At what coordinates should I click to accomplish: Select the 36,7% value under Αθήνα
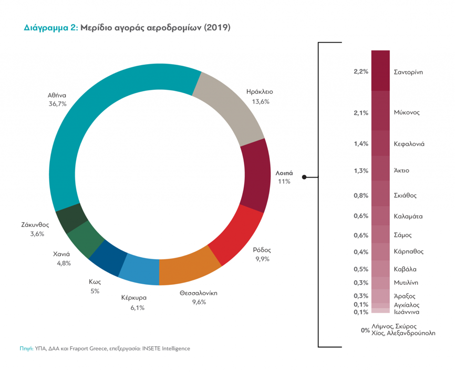[x=57, y=104]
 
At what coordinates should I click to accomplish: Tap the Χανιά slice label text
[x=62, y=254]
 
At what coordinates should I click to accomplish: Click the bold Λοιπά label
[x=284, y=172]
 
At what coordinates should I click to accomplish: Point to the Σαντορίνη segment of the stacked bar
[x=380, y=71]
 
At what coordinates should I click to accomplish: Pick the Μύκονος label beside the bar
[x=407, y=112]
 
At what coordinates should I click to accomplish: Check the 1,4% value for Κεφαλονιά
[x=361, y=143]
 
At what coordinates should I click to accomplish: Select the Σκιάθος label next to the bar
[x=405, y=195]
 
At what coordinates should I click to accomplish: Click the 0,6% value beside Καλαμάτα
[x=361, y=216]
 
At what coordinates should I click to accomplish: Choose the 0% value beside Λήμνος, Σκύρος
[x=365, y=330]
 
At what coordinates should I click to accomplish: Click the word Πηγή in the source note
[x=27, y=348]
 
